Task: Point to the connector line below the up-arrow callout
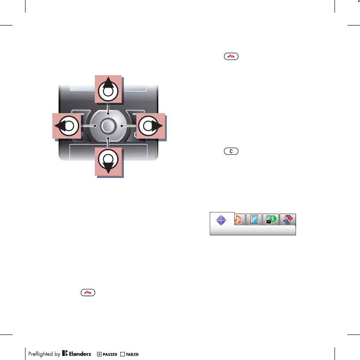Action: coord(108,110)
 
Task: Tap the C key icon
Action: coord(231,152)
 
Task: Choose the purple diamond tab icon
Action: coord(222,220)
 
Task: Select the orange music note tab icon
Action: coord(238,220)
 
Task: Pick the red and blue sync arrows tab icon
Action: coord(288,220)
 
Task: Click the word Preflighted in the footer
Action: coord(41,354)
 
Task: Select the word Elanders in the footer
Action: coord(80,354)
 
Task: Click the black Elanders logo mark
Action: coord(64,353)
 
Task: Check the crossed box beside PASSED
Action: coord(99,354)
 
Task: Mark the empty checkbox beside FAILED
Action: coord(123,354)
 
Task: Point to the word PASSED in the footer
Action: coord(110,354)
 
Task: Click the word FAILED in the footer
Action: coord(133,354)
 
